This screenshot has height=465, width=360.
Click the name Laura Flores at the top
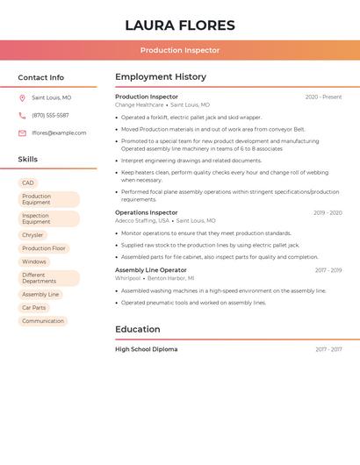(180, 25)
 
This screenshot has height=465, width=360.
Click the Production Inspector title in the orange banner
(180, 50)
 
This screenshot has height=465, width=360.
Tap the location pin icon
(22, 98)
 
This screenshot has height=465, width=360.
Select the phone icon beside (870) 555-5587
(22, 116)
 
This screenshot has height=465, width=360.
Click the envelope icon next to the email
(22, 133)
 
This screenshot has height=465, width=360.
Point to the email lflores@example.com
(59, 133)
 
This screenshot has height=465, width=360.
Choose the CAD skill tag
(28, 183)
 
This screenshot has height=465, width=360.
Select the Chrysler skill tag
(32, 235)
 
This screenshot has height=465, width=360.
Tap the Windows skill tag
(34, 261)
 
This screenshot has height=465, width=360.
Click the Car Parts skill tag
(34, 308)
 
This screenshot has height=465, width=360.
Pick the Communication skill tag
(43, 321)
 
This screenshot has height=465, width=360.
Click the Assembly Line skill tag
(40, 295)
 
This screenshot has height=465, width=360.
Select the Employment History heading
(161, 77)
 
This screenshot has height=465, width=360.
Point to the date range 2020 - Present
(323, 97)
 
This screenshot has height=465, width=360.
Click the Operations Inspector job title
(146, 212)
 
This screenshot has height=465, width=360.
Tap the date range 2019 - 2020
(328, 213)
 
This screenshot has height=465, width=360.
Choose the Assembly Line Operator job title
(150, 270)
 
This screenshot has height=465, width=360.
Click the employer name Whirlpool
(127, 278)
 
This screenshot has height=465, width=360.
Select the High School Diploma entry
(146, 349)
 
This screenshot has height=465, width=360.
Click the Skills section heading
(28, 160)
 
